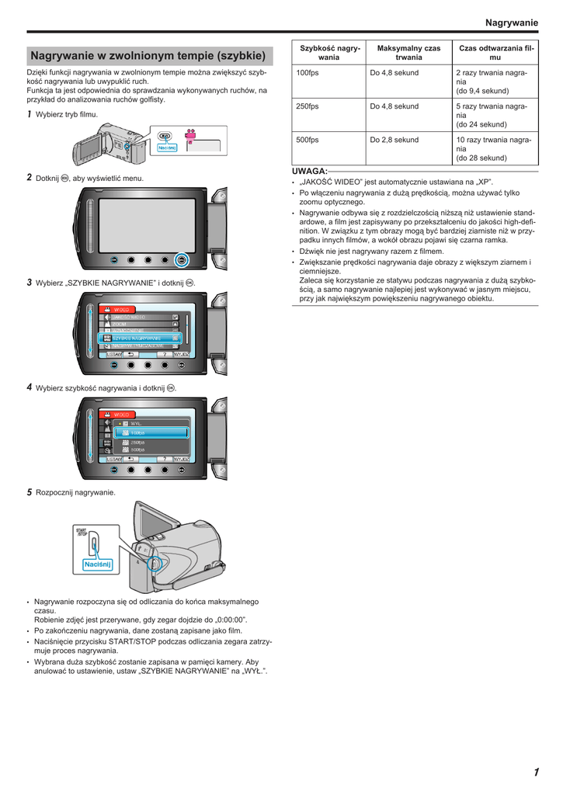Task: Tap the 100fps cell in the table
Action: pyautogui.click(x=308, y=73)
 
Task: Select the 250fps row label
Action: pyautogui.click(x=308, y=106)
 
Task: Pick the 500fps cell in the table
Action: pyautogui.click(x=308, y=140)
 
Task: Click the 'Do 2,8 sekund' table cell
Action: pyautogui.click(x=394, y=140)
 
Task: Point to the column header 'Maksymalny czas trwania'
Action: pyautogui.click(x=408, y=53)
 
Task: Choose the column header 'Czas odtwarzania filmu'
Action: pyautogui.click(x=496, y=53)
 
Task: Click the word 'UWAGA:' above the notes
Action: pyautogui.click(x=309, y=170)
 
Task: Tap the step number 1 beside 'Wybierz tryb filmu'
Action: pyautogui.click(x=30, y=114)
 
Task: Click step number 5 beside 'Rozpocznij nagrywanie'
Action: pyautogui.click(x=30, y=492)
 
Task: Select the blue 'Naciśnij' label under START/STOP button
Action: pyautogui.click(x=98, y=564)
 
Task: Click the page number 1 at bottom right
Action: pyautogui.click(x=536, y=772)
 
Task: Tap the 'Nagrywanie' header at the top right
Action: pyautogui.click(x=511, y=23)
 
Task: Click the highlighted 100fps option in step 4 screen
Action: pyautogui.click(x=148, y=432)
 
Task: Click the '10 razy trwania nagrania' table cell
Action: pyautogui.click(x=495, y=144)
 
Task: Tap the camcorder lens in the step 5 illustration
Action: pyautogui.click(x=153, y=563)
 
